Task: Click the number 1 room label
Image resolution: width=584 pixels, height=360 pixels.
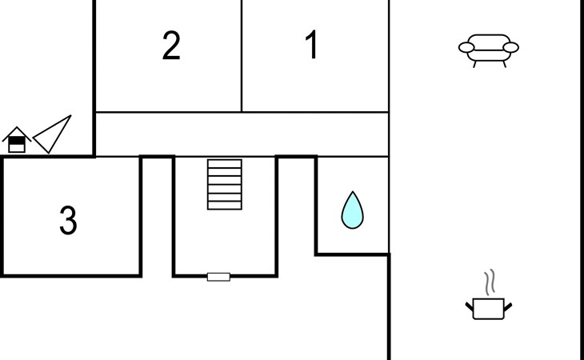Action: pyautogui.click(x=312, y=46)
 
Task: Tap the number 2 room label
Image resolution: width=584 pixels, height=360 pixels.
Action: pyautogui.click(x=171, y=46)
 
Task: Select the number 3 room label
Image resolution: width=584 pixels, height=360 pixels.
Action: pyautogui.click(x=68, y=221)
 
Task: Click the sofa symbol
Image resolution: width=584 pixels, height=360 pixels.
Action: pyautogui.click(x=488, y=49)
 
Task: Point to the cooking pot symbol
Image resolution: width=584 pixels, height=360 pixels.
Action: pyautogui.click(x=488, y=308)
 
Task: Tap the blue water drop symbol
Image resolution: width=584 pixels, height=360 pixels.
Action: pyautogui.click(x=352, y=210)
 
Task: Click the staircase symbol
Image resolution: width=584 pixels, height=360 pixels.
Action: pyautogui.click(x=225, y=184)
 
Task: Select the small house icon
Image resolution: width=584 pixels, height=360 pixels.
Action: pyautogui.click(x=16, y=141)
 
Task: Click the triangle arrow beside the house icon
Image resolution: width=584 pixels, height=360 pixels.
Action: pyautogui.click(x=51, y=134)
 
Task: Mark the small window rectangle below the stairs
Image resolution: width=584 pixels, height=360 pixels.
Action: pyautogui.click(x=218, y=277)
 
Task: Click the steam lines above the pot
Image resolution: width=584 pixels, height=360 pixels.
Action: pyautogui.click(x=490, y=282)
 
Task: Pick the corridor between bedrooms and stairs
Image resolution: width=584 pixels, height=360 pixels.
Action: pyautogui.click(x=240, y=134)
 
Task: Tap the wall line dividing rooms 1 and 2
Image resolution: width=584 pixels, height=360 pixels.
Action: pyautogui.click(x=242, y=56)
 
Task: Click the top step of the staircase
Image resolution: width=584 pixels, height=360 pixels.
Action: pyautogui.click(x=225, y=164)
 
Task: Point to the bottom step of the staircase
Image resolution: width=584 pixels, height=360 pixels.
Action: pyautogui.click(x=225, y=205)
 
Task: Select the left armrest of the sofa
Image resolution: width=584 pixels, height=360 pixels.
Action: pyautogui.click(x=466, y=48)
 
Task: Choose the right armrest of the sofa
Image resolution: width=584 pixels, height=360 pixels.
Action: pyautogui.click(x=511, y=48)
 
